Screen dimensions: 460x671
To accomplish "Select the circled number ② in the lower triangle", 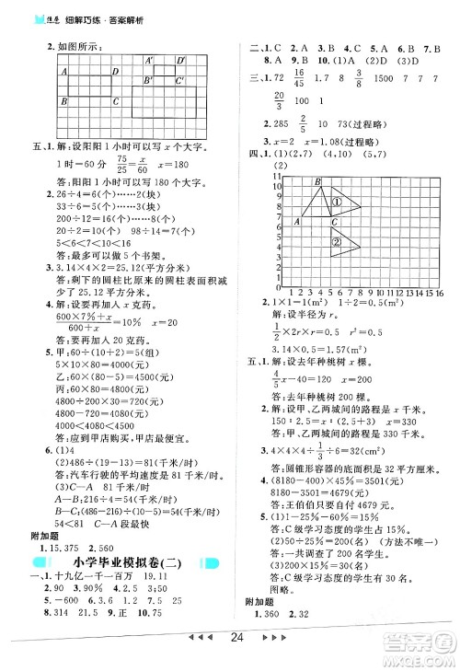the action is pos(337,242).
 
